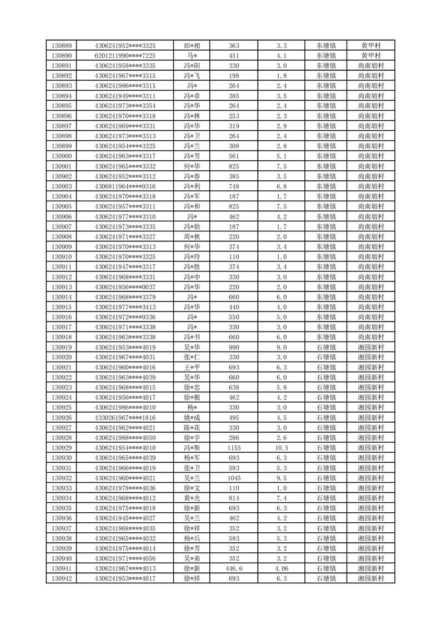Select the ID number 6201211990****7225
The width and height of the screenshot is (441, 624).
(125, 56)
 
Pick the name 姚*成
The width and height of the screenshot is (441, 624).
(192, 418)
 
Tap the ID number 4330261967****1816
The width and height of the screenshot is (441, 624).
(125, 418)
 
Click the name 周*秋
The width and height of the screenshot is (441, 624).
(192, 236)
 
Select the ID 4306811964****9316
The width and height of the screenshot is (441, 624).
(125, 186)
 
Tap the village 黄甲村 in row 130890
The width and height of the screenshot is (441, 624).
(371, 56)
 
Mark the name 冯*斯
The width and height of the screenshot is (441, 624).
(192, 448)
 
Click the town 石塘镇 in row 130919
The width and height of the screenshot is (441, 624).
(326, 347)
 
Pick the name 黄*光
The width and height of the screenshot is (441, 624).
(192, 498)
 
